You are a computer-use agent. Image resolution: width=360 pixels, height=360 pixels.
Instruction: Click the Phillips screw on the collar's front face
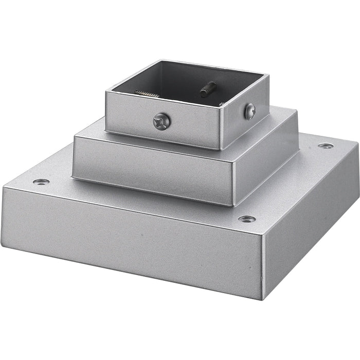coord(162,122)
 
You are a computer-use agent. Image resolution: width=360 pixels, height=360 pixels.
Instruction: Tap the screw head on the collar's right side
coord(250,111)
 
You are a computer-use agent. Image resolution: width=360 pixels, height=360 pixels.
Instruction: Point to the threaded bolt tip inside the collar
coord(208,89)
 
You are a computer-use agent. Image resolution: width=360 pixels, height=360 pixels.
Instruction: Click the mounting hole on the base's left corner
coord(41,182)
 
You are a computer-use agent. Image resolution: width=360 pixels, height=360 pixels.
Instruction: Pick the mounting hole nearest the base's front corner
coord(247,219)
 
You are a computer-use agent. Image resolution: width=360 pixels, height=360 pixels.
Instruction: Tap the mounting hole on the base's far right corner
coord(325,146)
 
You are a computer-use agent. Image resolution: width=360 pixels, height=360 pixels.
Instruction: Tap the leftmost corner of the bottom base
coord(3,188)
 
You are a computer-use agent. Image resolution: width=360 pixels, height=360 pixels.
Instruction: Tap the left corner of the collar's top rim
coord(106,92)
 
